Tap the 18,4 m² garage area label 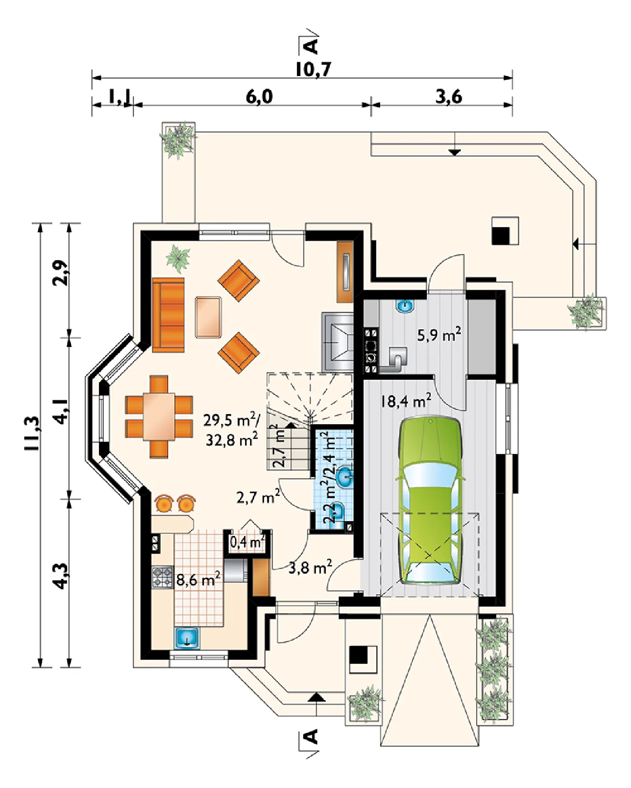tap(405, 402)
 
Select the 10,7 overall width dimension tap(313, 69)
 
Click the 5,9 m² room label tap(439, 335)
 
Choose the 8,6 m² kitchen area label tap(199, 579)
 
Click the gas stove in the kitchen tap(163, 578)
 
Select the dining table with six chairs tap(159, 417)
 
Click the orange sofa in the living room tap(168, 315)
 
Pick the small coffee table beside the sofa tap(208, 317)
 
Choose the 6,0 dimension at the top tap(259, 97)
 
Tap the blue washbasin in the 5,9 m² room tap(405, 306)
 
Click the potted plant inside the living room tap(178, 258)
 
